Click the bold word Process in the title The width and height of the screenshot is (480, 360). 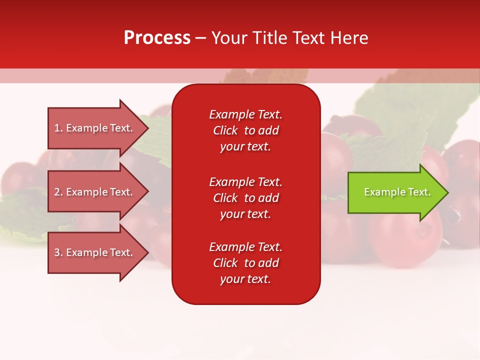[157, 38]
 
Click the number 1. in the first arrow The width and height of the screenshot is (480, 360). [58, 128]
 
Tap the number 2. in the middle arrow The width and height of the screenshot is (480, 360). [58, 192]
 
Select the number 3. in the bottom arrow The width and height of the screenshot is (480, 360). [58, 252]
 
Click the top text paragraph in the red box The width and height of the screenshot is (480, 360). [245, 130]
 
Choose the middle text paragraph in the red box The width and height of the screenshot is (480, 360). [245, 198]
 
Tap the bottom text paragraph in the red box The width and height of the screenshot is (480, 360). [245, 263]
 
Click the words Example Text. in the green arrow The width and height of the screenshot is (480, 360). [397, 192]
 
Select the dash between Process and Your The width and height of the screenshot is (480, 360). [201, 38]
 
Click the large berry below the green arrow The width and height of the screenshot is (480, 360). [405, 240]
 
